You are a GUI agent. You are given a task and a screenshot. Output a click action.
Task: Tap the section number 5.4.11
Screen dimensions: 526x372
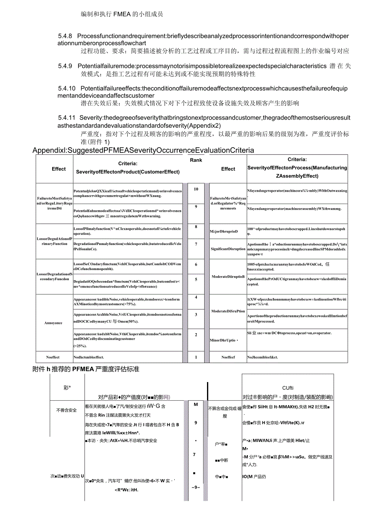pyautogui.click(x=67, y=118)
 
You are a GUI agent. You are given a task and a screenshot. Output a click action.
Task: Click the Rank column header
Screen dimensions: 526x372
pyautogui.click(x=196, y=160)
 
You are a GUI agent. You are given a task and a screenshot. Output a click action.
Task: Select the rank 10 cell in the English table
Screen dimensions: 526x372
pyautogui.click(x=196, y=189)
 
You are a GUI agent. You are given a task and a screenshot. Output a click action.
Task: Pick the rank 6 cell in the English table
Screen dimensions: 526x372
pyautogui.click(x=196, y=264)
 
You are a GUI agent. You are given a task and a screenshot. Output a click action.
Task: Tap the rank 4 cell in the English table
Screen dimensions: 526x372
pyautogui.click(x=196, y=297)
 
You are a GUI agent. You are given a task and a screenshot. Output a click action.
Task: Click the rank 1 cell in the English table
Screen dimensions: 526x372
pyautogui.click(x=196, y=357)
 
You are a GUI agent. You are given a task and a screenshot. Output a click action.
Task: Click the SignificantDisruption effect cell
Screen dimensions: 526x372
pyautogui.click(x=228, y=249)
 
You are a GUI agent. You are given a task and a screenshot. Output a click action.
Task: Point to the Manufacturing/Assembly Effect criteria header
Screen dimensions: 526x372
pyautogui.click(x=297, y=168)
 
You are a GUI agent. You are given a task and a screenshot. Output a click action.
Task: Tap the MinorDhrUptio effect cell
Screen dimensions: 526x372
pyautogui.click(x=224, y=340)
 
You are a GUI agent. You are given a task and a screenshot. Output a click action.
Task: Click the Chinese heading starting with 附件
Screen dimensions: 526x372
pyautogui.click(x=85, y=369)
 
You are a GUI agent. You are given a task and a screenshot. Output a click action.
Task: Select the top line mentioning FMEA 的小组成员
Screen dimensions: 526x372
pyautogui.click(x=122, y=14)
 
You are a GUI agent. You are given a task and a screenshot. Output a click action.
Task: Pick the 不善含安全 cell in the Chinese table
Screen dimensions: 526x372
pyautogui.click(x=66, y=410)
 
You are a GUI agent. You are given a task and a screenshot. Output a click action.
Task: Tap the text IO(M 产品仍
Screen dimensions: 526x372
pyautogui.click(x=254, y=477)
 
